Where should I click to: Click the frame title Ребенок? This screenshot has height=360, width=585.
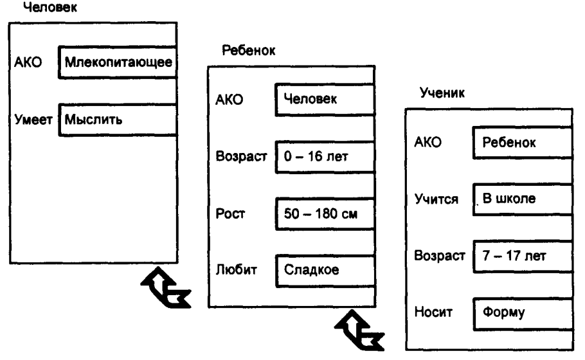click(247, 51)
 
